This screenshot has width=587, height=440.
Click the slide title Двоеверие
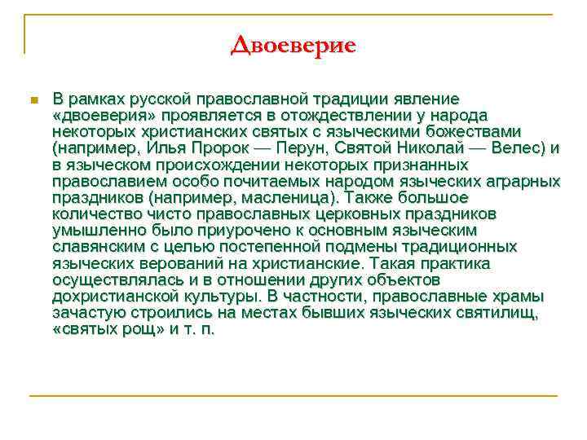[x=293, y=45]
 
